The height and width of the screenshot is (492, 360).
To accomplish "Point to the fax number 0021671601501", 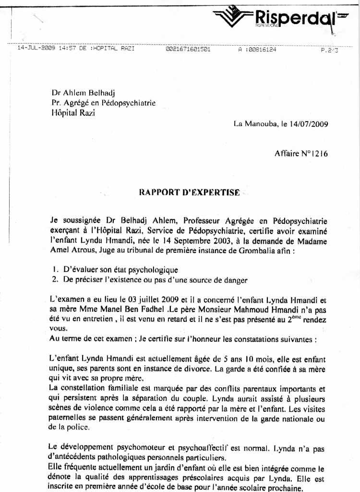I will [x=188, y=49].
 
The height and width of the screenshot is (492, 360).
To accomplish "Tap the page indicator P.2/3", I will [x=329, y=49].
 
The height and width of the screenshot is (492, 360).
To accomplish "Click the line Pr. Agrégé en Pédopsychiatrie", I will [x=103, y=103].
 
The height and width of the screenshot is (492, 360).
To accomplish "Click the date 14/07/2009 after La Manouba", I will [x=309, y=124].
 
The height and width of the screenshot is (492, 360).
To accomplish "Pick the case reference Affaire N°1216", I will [x=301, y=154].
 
